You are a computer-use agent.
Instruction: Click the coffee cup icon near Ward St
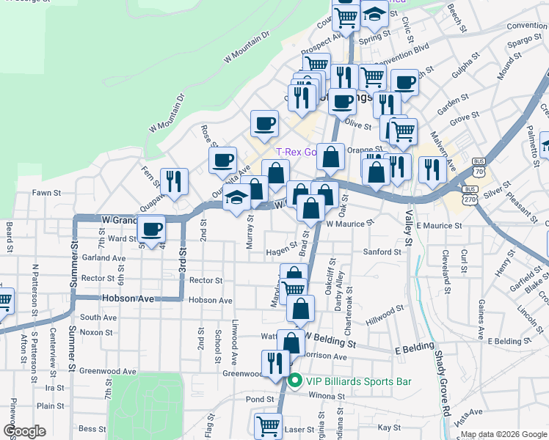(152, 229)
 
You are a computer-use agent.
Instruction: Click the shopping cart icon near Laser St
(268, 426)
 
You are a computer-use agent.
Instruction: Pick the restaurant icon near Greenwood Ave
(276, 363)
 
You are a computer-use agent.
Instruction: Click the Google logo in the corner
(23, 431)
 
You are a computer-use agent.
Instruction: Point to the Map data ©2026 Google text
(503, 434)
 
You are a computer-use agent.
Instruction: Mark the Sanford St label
(382, 252)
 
